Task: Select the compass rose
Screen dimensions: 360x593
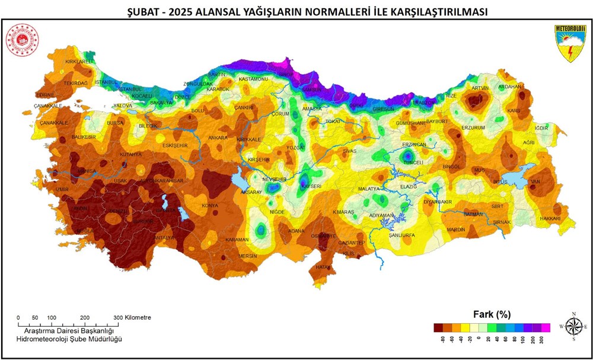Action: click(573, 326)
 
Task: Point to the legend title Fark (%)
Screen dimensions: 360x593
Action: click(491, 314)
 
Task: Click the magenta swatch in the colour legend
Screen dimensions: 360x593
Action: click(546, 327)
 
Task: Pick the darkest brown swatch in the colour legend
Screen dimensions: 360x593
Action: click(438, 327)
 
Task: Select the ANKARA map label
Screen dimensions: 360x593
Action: click(218, 138)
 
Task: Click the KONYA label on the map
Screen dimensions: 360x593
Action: click(211, 206)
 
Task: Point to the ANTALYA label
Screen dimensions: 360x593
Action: click(165, 238)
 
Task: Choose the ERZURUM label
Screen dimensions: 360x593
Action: click(473, 128)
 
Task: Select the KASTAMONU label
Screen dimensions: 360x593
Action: click(254, 79)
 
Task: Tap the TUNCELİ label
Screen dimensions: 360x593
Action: click(413, 163)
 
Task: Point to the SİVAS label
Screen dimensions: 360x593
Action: click(350, 151)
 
